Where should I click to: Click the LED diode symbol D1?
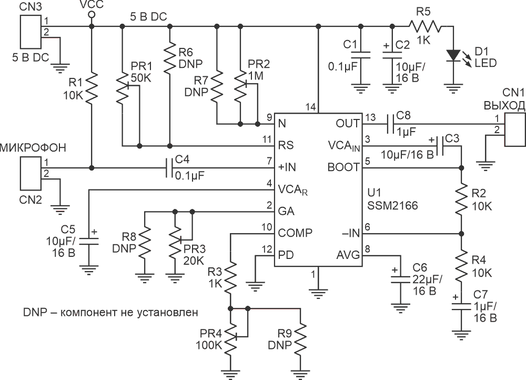tap(453, 55)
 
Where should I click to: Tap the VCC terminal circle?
tap(91, 14)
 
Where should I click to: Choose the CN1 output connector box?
tap(515, 129)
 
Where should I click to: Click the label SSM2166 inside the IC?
tap(392, 205)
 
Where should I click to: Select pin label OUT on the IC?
tap(348, 124)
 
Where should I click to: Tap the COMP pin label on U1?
tap(295, 233)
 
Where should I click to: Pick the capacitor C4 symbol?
tap(169, 167)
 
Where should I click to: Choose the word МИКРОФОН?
tap(33, 147)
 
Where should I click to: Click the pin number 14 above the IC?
tap(311, 107)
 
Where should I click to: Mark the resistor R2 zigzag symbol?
tap(461, 200)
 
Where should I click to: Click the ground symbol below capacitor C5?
tap(89, 269)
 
